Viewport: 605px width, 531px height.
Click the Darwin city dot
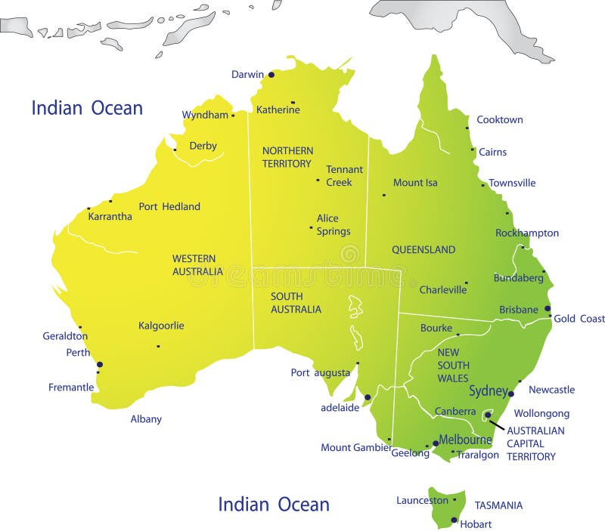pyautogui.click(x=271, y=75)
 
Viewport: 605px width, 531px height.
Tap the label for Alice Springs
pyautogui.click(x=327, y=225)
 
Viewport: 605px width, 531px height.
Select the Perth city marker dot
pyautogui.click(x=99, y=365)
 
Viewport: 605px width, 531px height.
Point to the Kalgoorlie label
pyautogui.click(x=161, y=326)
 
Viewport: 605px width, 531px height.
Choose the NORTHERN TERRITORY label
pyautogui.click(x=287, y=157)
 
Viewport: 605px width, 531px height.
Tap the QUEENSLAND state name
pyautogui.click(x=423, y=250)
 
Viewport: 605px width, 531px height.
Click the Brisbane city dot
pyautogui.click(x=548, y=308)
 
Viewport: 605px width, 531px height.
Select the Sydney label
pyautogui.click(x=488, y=391)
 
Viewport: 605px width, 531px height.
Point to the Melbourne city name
pyautogui.click(x=465, y=440)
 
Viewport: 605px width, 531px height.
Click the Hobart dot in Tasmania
pyautogui.click(x=454, y=520)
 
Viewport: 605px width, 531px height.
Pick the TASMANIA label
pyautogui.click(x=498, y=505)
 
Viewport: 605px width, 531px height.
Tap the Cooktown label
pyautogui.click(x=499, y=120)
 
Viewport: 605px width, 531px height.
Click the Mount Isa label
pyautogui.click(x=415, y=183)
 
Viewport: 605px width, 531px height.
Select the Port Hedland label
pyautogui.click(x=169, y=207)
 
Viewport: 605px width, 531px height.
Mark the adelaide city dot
pyautogui.click(x=368, y=397)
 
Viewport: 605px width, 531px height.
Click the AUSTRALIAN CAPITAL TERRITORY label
pyautogui.click(x=535, y=443)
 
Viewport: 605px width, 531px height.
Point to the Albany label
pyautogui.click(x=146, y=419)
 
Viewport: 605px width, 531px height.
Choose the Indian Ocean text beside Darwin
pyautogui.click(x=87, y=108)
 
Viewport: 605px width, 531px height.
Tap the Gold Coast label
pyautogui.click(x=579, y=319)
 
